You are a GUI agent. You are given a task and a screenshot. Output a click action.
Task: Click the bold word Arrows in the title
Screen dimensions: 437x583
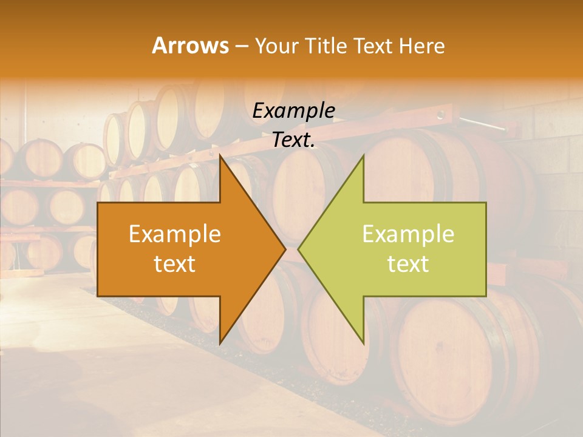(189, 46)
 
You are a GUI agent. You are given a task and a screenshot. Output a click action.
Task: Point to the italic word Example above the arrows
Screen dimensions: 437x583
(293, 110)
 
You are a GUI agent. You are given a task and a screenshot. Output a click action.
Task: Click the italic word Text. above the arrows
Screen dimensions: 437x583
(293, 140)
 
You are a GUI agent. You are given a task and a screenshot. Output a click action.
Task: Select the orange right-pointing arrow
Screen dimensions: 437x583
(182, 249)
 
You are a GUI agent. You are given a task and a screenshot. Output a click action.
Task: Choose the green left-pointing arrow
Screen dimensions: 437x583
(401, 249)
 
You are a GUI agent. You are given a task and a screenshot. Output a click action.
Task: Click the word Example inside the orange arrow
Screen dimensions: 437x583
(174, 234)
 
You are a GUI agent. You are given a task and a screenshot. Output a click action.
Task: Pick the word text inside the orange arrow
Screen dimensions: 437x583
(174, 264)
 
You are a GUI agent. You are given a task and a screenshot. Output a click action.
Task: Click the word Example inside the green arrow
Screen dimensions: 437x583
(408, 234)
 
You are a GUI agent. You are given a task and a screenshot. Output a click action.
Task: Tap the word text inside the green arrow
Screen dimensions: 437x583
(408, 264)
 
